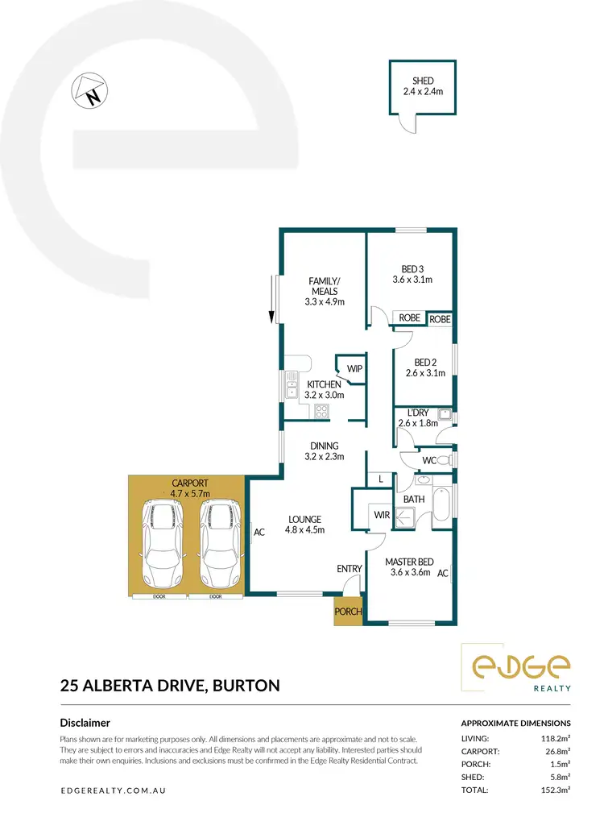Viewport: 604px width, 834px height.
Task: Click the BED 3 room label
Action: coord(412,275)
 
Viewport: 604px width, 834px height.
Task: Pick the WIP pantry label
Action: coord(354,368)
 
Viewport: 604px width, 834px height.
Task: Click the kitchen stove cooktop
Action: coord(321,412)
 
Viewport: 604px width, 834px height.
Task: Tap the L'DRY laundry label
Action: coord(417,417)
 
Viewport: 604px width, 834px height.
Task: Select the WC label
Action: coord(429,460)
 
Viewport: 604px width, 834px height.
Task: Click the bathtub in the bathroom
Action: coord(442,507)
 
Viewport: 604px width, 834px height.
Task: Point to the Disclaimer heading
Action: coord(85,723)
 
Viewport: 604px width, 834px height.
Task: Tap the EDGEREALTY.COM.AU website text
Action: coord(114,791)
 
